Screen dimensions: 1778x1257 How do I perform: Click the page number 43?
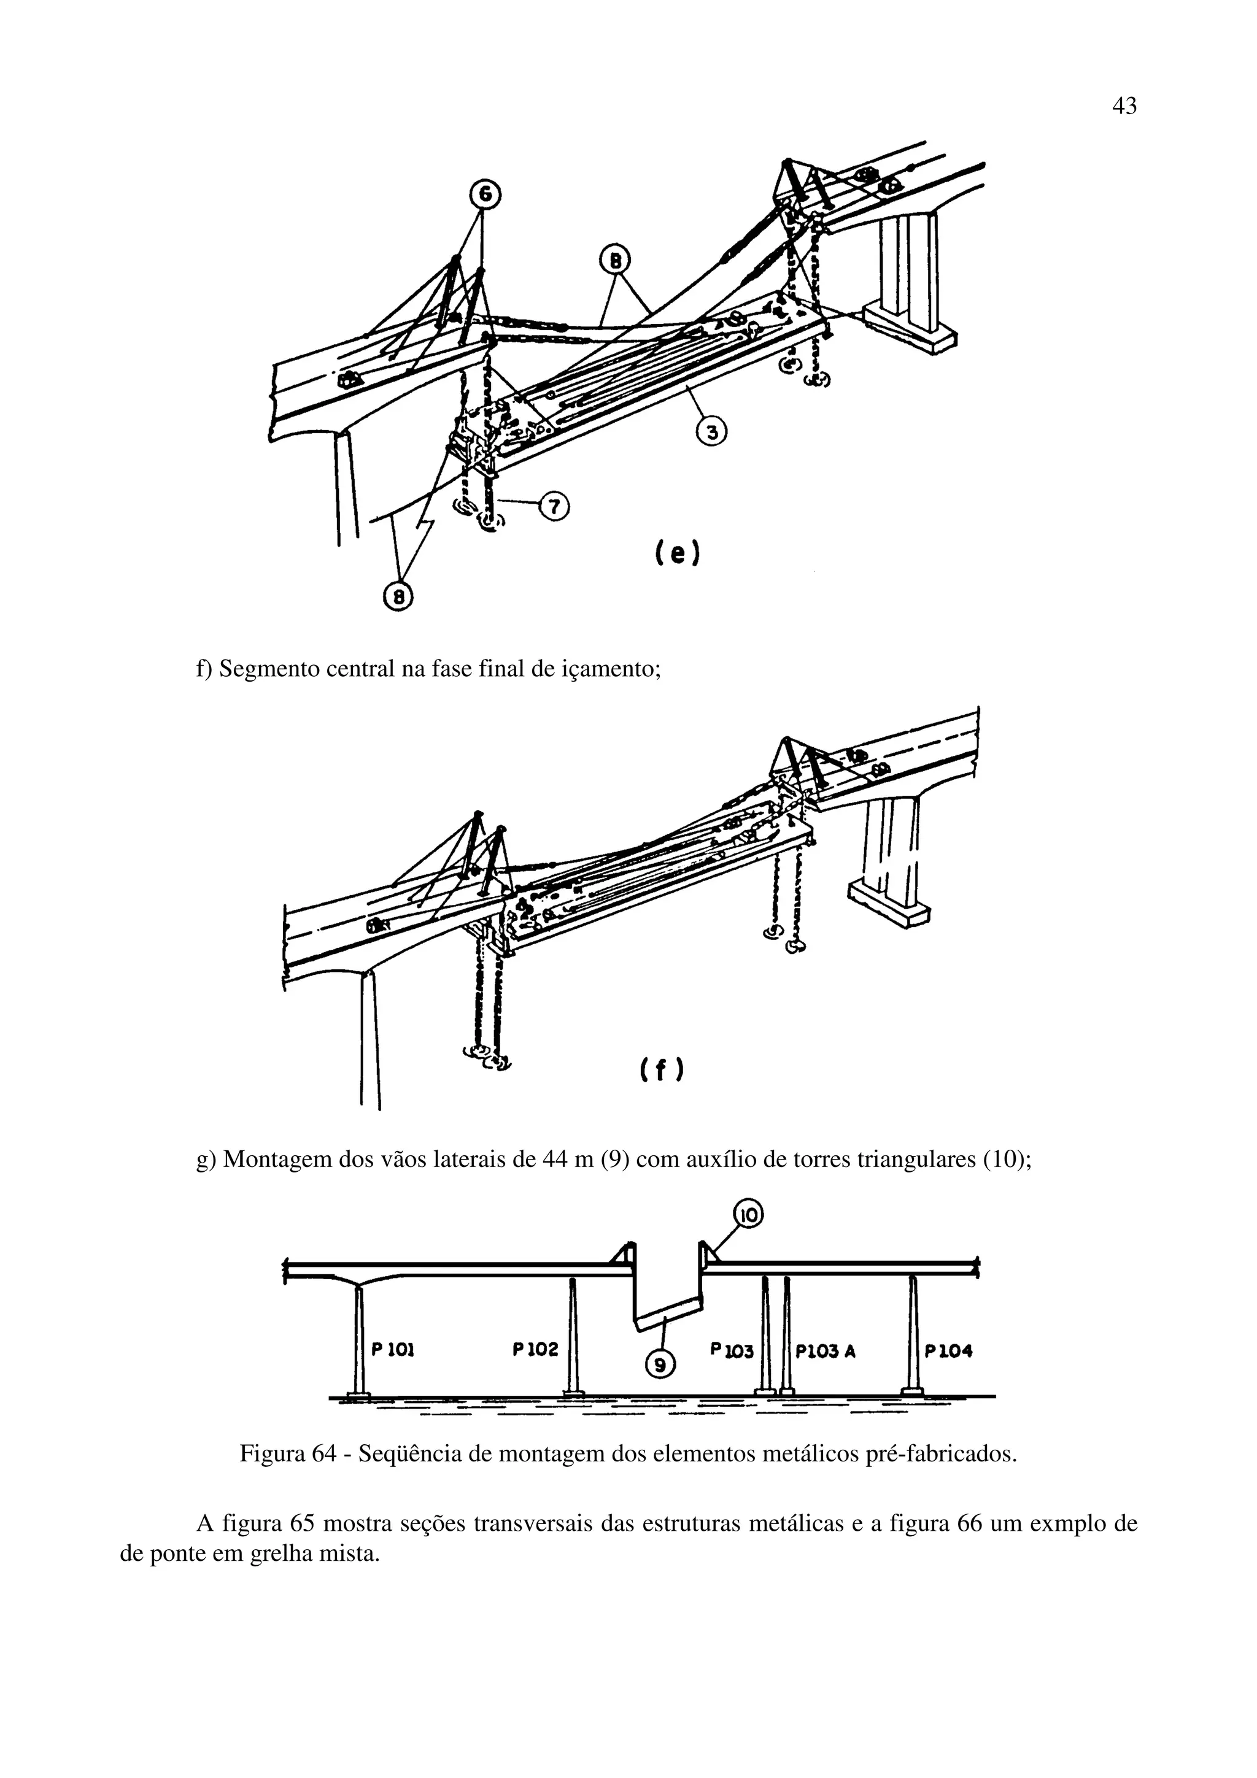coord(1124,106)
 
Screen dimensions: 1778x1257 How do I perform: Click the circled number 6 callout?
coord(484,195)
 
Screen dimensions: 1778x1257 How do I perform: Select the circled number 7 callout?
coord(554,506)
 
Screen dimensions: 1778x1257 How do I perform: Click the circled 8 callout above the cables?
coord(616,261)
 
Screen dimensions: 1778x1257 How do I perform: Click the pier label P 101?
coord(393,1350)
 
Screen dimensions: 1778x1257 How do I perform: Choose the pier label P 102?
coord(535,1350)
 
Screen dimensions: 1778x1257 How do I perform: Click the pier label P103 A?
coord(826,1352)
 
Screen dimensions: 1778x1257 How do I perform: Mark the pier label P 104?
coord(949,1352)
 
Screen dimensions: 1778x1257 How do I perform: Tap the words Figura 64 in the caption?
coord(286,1453)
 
